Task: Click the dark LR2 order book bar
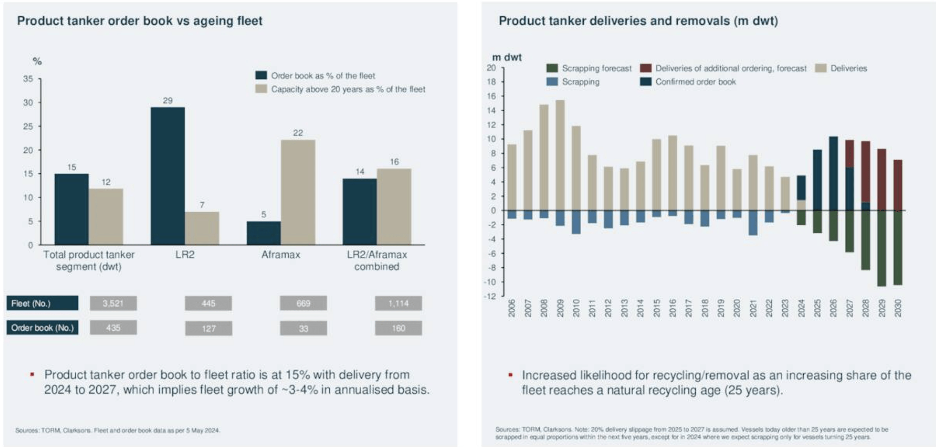coord(167,176)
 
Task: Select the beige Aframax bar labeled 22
coord(298,192)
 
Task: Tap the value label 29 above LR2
coord(167,100)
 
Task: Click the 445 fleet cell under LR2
coord(208,303)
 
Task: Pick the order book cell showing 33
coord(303,328)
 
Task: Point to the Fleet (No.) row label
coord(42,303)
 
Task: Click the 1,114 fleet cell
coord(398,303)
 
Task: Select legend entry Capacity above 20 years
coord(348,89)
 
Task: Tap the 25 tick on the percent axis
coord(28,126)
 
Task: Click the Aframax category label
coord(281,255)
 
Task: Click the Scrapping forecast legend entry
coord(596,68)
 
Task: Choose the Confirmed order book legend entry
coord(695,82)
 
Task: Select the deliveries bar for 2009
coord(560,155)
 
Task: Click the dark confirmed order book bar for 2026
coord(833,173)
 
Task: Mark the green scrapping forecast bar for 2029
coord(881,248)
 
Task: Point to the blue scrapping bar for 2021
coord(753,223)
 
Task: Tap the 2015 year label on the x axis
coord(656,308)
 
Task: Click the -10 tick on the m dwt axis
coord(490,282)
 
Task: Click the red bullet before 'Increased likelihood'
coord(510,375)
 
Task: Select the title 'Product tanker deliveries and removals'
coord(638,21)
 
